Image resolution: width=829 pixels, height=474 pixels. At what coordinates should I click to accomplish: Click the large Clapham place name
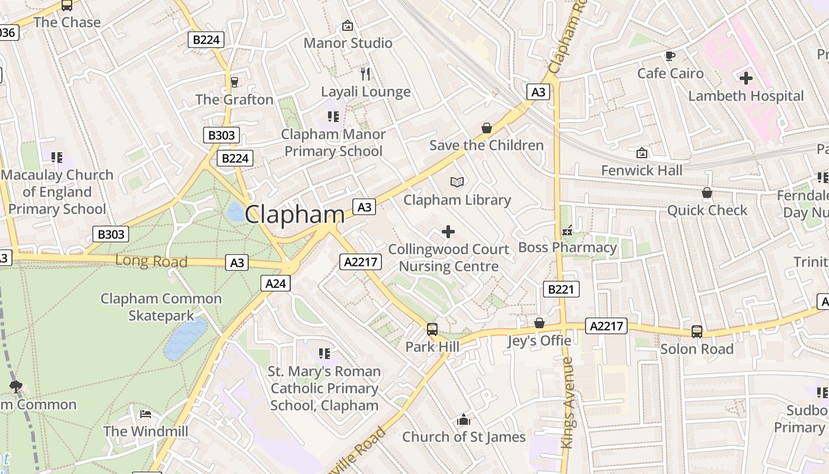tap(294, 214)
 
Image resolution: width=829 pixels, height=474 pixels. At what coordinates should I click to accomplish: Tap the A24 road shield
tap(275, 284)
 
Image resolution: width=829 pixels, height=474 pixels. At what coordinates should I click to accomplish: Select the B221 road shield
tap(561, 289)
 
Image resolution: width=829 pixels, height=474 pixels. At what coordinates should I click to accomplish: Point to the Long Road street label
tap(151, 261)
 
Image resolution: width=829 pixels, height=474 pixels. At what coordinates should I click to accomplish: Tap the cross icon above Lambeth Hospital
tap(746, 78)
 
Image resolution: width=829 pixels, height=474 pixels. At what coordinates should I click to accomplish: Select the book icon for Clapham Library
tap(457, 182)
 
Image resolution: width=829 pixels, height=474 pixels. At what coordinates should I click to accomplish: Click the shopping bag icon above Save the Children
tap(486, 128)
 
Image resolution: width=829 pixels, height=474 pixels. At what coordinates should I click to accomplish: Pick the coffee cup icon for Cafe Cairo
tap(670, 56)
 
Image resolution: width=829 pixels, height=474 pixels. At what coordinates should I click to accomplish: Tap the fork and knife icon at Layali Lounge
tap(365, 73)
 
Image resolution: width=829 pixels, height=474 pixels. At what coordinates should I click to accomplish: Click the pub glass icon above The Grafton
tap(234, 82)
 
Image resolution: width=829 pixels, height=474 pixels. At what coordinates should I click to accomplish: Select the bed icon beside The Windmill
tap(145, 414)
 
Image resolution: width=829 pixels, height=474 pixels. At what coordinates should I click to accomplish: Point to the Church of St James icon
tap(464, 420)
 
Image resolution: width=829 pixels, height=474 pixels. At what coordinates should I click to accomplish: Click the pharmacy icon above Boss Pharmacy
tap(567, 230)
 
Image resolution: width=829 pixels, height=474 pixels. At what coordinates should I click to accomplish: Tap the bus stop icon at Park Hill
tap(432, 329)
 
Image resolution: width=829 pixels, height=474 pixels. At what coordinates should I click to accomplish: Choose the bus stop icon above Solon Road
tap(696, 331)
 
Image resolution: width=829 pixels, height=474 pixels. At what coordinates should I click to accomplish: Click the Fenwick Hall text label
tap(641, 171)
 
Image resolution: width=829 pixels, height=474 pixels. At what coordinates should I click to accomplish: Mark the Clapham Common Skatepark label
tap(161, 307)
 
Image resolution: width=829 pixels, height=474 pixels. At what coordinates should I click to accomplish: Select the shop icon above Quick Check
tap(706, 193)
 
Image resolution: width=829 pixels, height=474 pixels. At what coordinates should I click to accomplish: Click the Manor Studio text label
tap(348, 43)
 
